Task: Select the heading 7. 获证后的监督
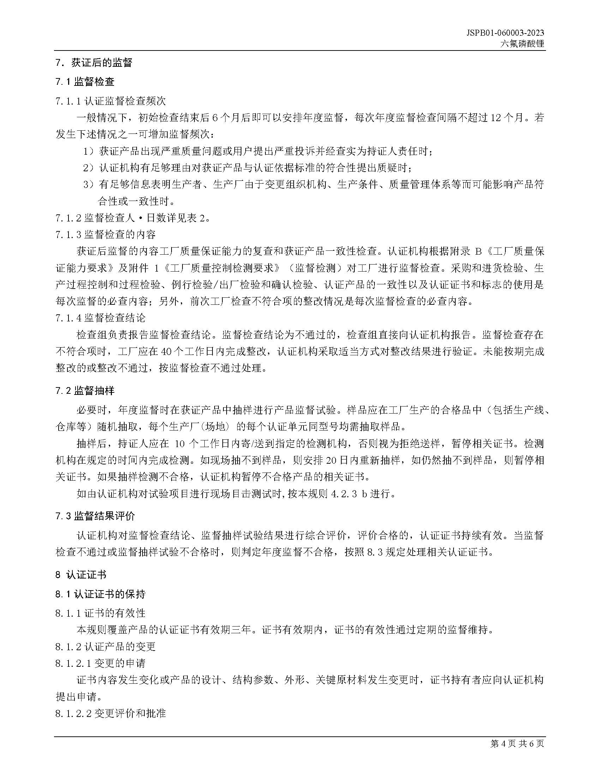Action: tap(94, 63)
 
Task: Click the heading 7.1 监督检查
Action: tap(85, 82)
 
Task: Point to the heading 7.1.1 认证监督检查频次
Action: tap(110, 101)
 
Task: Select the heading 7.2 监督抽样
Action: tap(85, 391)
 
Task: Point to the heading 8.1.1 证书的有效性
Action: tap(100, 613)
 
